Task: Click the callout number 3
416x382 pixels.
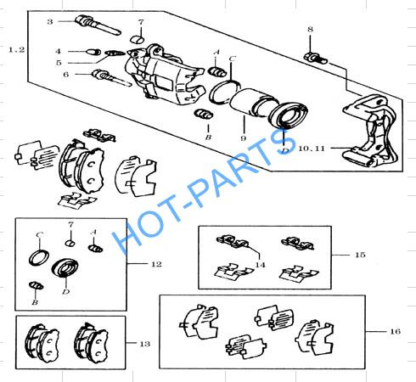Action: [50, 22]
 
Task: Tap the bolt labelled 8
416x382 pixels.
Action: [316, 59]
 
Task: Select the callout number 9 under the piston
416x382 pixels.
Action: [244, 138]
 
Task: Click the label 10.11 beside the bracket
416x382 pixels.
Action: [312, 149]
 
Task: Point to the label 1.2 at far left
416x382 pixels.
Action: [17, 50]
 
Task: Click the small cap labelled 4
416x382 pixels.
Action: [93, 52]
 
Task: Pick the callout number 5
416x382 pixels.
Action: [59, 63]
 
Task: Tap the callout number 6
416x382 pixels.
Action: [66, 75]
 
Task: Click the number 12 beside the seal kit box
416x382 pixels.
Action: [156, 264]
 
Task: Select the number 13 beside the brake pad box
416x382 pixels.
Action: [144, 344]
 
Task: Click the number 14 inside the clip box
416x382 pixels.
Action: [260, 265]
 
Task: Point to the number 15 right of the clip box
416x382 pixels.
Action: [360, 255]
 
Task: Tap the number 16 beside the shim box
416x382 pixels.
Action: [395, 331]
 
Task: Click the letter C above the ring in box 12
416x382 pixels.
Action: [40, 235]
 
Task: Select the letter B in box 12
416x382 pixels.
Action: [35, 302]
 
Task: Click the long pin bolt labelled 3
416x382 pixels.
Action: [98, 25]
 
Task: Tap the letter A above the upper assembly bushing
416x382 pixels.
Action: [216, 52]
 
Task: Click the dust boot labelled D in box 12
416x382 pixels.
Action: [65, 268]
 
